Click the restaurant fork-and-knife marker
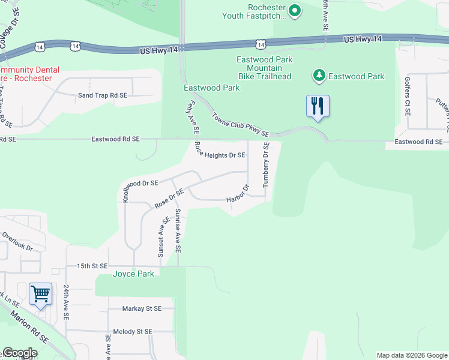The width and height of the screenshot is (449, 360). coord(317,106)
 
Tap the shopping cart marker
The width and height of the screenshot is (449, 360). coord(40,294)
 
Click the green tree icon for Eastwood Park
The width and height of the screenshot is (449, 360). coord(319,76)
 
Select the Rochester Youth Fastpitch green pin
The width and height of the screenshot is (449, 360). coord(295,10)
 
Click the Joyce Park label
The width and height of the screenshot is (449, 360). coord(134,274)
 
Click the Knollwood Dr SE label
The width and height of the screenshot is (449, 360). coord(141,184)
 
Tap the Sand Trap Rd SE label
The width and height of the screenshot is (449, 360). coord(103,95)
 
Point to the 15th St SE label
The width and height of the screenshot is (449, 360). coord(91,266)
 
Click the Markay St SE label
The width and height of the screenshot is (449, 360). coord(142,308)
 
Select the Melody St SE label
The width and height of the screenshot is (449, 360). coord(133,331)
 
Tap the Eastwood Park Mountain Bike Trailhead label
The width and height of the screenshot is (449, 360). coord(265,68)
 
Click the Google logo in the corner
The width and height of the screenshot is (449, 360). coord(20,353)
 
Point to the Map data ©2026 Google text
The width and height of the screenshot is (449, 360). coord(411,355)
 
